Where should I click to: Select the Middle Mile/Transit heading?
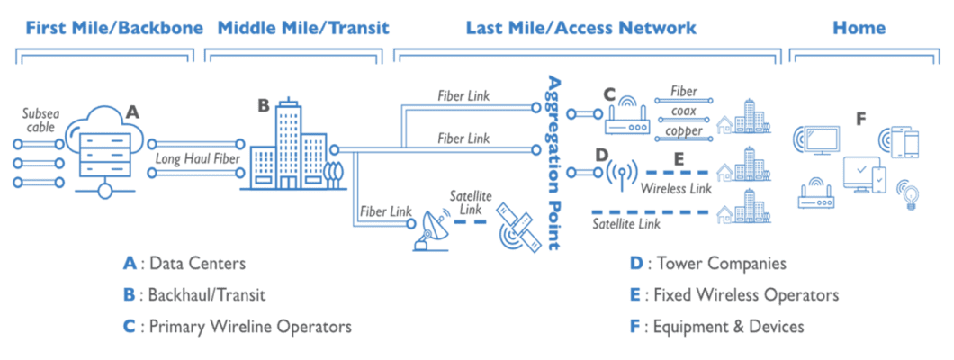tap(303, 29)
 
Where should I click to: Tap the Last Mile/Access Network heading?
tap(580, 29)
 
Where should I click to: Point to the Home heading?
tap(858, 29)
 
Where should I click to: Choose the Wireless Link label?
tap(676, 189)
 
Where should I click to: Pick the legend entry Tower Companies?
tap(707, 264)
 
